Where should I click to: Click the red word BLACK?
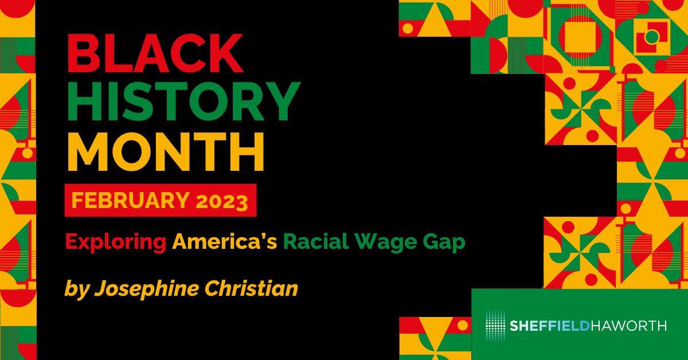155,53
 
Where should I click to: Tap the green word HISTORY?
183,101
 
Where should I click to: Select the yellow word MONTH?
165,151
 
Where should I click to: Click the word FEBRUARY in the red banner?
130,200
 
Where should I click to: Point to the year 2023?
222,201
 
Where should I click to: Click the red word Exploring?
115,242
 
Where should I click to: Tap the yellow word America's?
225,241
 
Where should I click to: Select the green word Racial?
316,241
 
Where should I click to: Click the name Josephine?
147,289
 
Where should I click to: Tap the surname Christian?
251,288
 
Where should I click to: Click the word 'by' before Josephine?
76,289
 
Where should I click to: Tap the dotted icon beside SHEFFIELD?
495,326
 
